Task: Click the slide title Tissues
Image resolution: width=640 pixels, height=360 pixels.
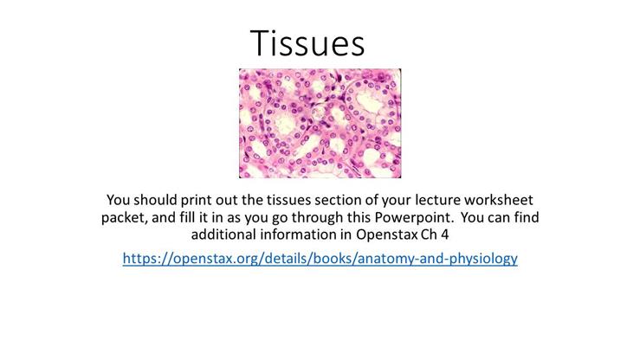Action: (x=308, y=42)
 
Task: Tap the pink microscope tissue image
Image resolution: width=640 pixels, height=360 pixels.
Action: (x=320, y=123)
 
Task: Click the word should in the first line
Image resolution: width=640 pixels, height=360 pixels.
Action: (x=164, y=197)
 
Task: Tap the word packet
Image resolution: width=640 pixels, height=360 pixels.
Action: (x=124, y=215)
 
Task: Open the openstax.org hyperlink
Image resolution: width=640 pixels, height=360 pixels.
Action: (x=320, y=258)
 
